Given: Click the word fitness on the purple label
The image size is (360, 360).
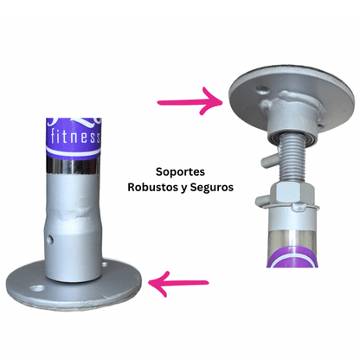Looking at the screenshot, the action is tap(75, 137).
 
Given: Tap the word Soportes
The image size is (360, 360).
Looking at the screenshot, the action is tap(180, 172).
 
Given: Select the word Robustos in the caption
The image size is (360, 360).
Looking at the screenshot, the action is tap(152, 187).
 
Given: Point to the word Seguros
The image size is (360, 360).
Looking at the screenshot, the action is tap(212, 188).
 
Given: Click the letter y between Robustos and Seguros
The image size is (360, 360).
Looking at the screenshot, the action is tap(183, 189).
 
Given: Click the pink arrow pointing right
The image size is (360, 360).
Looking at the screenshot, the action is tap(190, 101).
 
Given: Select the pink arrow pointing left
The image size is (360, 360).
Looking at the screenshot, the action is tap(178, 284).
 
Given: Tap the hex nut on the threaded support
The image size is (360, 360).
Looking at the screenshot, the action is tap(292, 193).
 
